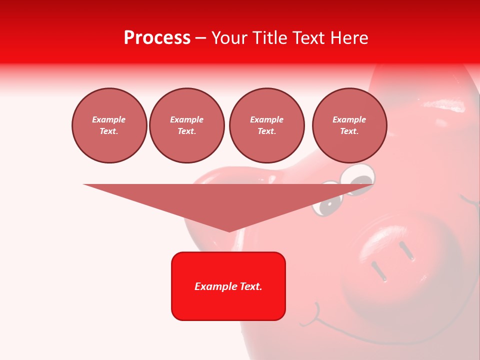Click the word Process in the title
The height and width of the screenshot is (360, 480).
(157, 38)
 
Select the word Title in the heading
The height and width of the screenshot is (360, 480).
(269, 38)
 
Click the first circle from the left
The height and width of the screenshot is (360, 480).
(109, 125)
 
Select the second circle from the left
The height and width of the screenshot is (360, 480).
(187, 125)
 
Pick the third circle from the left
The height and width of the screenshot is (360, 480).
(267, 125)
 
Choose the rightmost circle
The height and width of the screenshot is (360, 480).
(349, 125)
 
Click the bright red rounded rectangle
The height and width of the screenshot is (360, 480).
(228, 286)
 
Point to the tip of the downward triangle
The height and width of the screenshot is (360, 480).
(229, 231)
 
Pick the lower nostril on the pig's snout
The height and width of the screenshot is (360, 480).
(378, 271)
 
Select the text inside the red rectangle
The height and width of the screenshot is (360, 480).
(228, 286)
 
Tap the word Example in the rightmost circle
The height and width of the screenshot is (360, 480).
(349, 119)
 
